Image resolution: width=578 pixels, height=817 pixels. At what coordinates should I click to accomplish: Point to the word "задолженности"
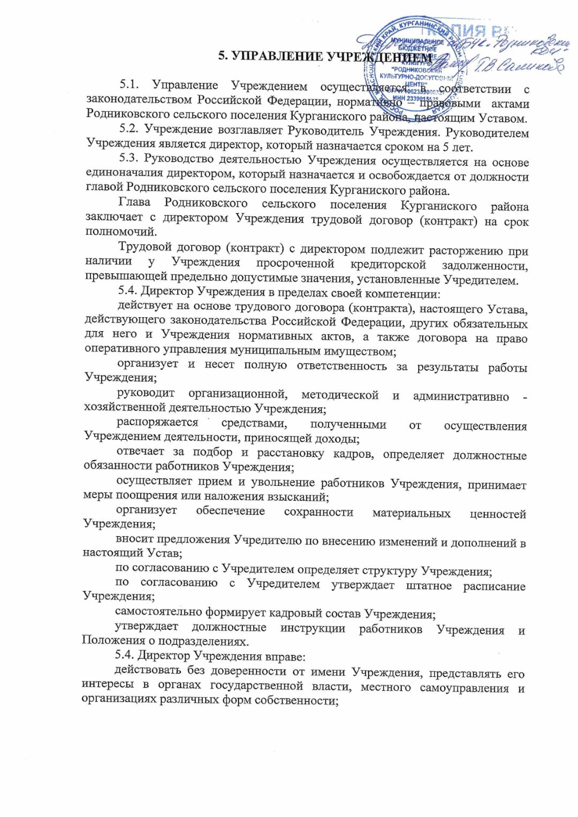pyautogui.click(x=485, y=265)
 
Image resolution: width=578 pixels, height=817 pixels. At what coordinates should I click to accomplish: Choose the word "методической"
pyautogui.click(x=340, y=395)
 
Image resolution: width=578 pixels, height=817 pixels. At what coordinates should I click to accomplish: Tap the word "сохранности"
pyautogui.click(x=318, y=512)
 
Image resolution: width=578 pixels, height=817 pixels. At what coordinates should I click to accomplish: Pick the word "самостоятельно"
pyautogui.click(x=158, y=612)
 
